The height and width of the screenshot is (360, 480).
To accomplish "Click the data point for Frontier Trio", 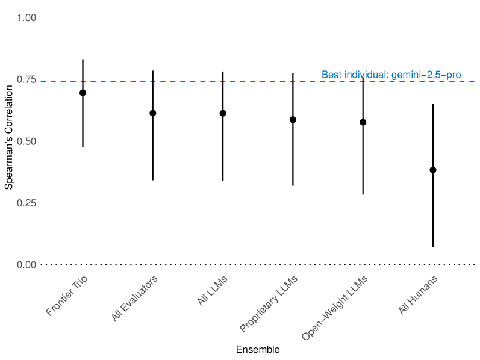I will point(83,93).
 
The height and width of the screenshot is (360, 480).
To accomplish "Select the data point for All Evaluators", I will point(153,113).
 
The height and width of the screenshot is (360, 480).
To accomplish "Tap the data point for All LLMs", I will point(223,113).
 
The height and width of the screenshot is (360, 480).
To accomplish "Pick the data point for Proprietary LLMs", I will point(293,120).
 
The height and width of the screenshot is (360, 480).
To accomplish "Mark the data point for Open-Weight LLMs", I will point(363,122).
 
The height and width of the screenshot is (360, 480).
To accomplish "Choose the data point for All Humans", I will point(432,170).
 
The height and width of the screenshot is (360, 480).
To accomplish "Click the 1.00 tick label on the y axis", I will point(27,18).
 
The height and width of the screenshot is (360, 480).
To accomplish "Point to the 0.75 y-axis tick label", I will point(27,80).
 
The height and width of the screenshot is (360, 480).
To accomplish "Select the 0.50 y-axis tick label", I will point(27,141).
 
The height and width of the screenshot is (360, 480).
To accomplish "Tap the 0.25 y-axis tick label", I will point(27,203).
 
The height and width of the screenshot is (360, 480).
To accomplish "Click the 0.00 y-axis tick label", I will point(27,265).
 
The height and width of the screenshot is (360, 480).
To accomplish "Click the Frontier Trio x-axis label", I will point(67,297).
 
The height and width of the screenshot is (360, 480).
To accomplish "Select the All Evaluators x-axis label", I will point(135,299).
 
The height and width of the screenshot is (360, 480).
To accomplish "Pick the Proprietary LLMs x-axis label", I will point(269,304).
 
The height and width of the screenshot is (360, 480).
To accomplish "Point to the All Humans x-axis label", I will point(418,295).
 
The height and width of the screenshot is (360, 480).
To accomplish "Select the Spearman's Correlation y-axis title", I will point(9,141).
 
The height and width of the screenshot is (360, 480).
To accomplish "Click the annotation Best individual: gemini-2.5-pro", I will point(391,75).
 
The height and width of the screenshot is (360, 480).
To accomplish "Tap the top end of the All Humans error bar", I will point(432,105).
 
